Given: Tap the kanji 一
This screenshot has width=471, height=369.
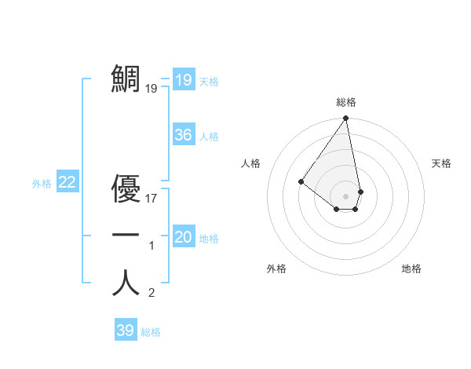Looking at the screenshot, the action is pos(126,235).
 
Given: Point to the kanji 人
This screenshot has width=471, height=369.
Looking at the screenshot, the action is pos(126,282).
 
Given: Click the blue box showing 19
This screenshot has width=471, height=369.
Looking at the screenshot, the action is pos(183,80).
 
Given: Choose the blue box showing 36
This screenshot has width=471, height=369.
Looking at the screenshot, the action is pos(183,135).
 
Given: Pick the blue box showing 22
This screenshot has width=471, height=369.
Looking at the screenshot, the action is pos(67,182).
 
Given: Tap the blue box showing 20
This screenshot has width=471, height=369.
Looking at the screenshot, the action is pos(183,237).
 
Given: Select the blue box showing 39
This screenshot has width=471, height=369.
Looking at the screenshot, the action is pos(125,331).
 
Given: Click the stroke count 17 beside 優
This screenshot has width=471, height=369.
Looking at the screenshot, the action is pos(152,199).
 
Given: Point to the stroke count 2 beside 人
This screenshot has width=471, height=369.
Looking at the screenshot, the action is pos(152,294).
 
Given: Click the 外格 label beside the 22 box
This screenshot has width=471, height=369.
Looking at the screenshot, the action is pos(42,184).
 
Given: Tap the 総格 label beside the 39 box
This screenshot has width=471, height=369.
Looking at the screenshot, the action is pos(151,332).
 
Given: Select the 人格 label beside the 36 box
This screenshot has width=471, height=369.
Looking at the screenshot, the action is pos(209,137).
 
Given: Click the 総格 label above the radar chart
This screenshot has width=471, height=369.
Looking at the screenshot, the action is pos(346,102).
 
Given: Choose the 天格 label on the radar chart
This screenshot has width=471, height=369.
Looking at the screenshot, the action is pos(441,163).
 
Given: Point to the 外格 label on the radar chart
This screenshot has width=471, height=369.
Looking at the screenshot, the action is pos(276,269).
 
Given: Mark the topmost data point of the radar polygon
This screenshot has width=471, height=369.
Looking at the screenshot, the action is pos(346,119).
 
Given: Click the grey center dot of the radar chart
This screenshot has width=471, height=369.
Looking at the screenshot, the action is pos(346,195).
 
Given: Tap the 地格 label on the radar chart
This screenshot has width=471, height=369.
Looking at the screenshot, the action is pos(411,269).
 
